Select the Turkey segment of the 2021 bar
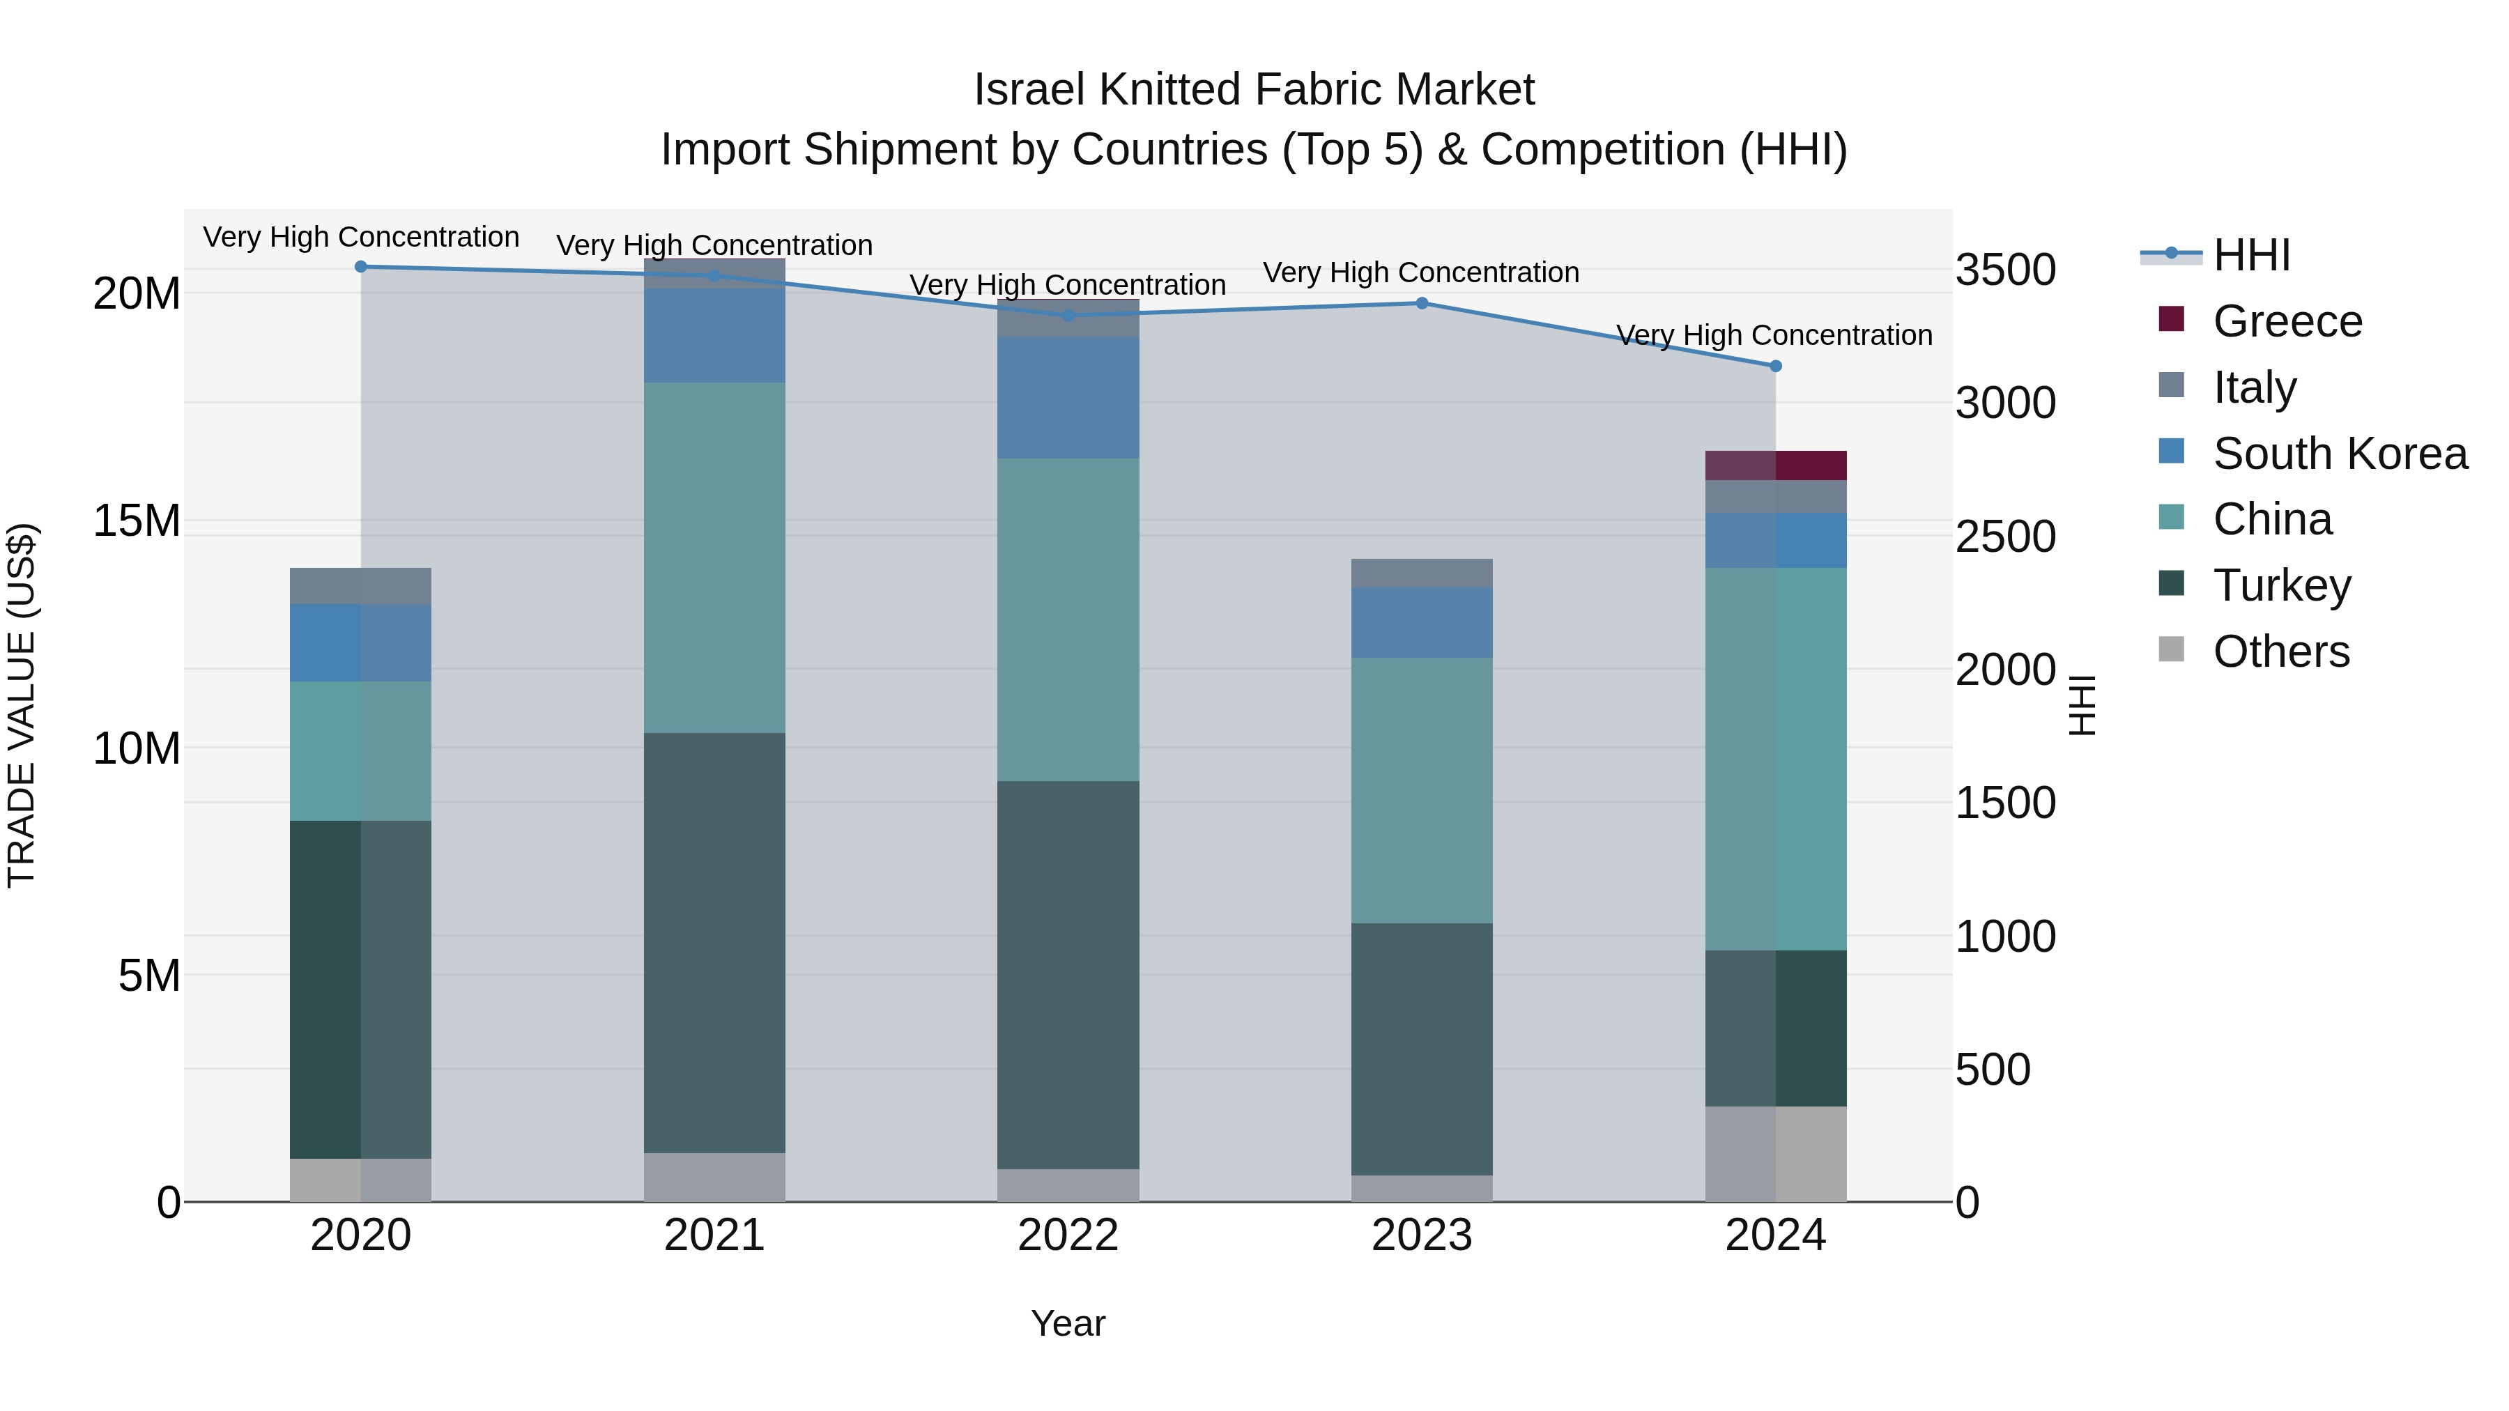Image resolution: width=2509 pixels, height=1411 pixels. coord(714,943)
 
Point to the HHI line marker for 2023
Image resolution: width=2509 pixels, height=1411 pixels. coord(1421,303)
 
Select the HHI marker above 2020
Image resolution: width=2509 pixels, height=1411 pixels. coord(360,267)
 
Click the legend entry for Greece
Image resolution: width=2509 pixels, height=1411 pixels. coord(2286,321)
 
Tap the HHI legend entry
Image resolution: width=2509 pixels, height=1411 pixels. coord(2250,255)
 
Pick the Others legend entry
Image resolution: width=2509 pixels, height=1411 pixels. coord(2280,651)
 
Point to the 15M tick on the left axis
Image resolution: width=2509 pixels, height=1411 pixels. coord(137,521)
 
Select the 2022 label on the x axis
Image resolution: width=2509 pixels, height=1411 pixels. coord(1068,1235)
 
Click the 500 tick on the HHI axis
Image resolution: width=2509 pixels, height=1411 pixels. coord(1993,1069)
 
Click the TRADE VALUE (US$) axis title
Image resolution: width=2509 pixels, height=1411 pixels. coord(22,705)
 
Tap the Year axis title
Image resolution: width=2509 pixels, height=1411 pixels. coord(1068,1323)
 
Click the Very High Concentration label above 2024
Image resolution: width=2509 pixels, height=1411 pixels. coord(1774,335)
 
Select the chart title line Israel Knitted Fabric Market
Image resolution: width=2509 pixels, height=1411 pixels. coord(1254,90)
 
